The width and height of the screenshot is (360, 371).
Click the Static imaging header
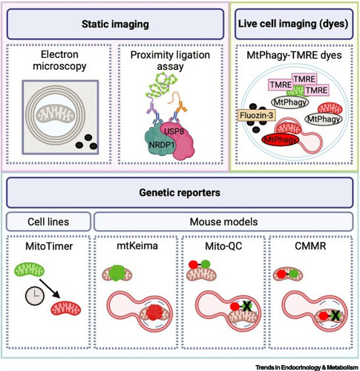coord(115,24)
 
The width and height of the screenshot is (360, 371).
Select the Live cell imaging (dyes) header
coord(294,24)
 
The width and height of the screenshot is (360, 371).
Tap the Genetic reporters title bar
coord(180,193)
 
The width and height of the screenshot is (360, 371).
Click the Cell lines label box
coord(48,222)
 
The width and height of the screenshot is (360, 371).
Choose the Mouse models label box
coord(223,222)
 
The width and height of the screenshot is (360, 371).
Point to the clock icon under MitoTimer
coord(35,296)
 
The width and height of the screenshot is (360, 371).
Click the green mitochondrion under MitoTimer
coord(30,270)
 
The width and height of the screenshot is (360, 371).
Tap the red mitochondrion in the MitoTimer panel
coord(66,308)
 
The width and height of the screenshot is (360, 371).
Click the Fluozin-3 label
coord(257,116)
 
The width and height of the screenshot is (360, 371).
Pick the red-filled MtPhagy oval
coord(281,140)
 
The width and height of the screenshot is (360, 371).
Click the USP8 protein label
coord(174,131)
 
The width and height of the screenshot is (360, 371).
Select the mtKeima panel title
coord(137,246)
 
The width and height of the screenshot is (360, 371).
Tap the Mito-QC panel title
coord(223,246)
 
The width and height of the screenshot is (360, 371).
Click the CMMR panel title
coord(310,246)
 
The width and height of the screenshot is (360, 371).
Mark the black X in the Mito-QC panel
coord(247,306)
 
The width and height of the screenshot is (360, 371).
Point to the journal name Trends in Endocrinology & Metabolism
coord(307,367)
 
